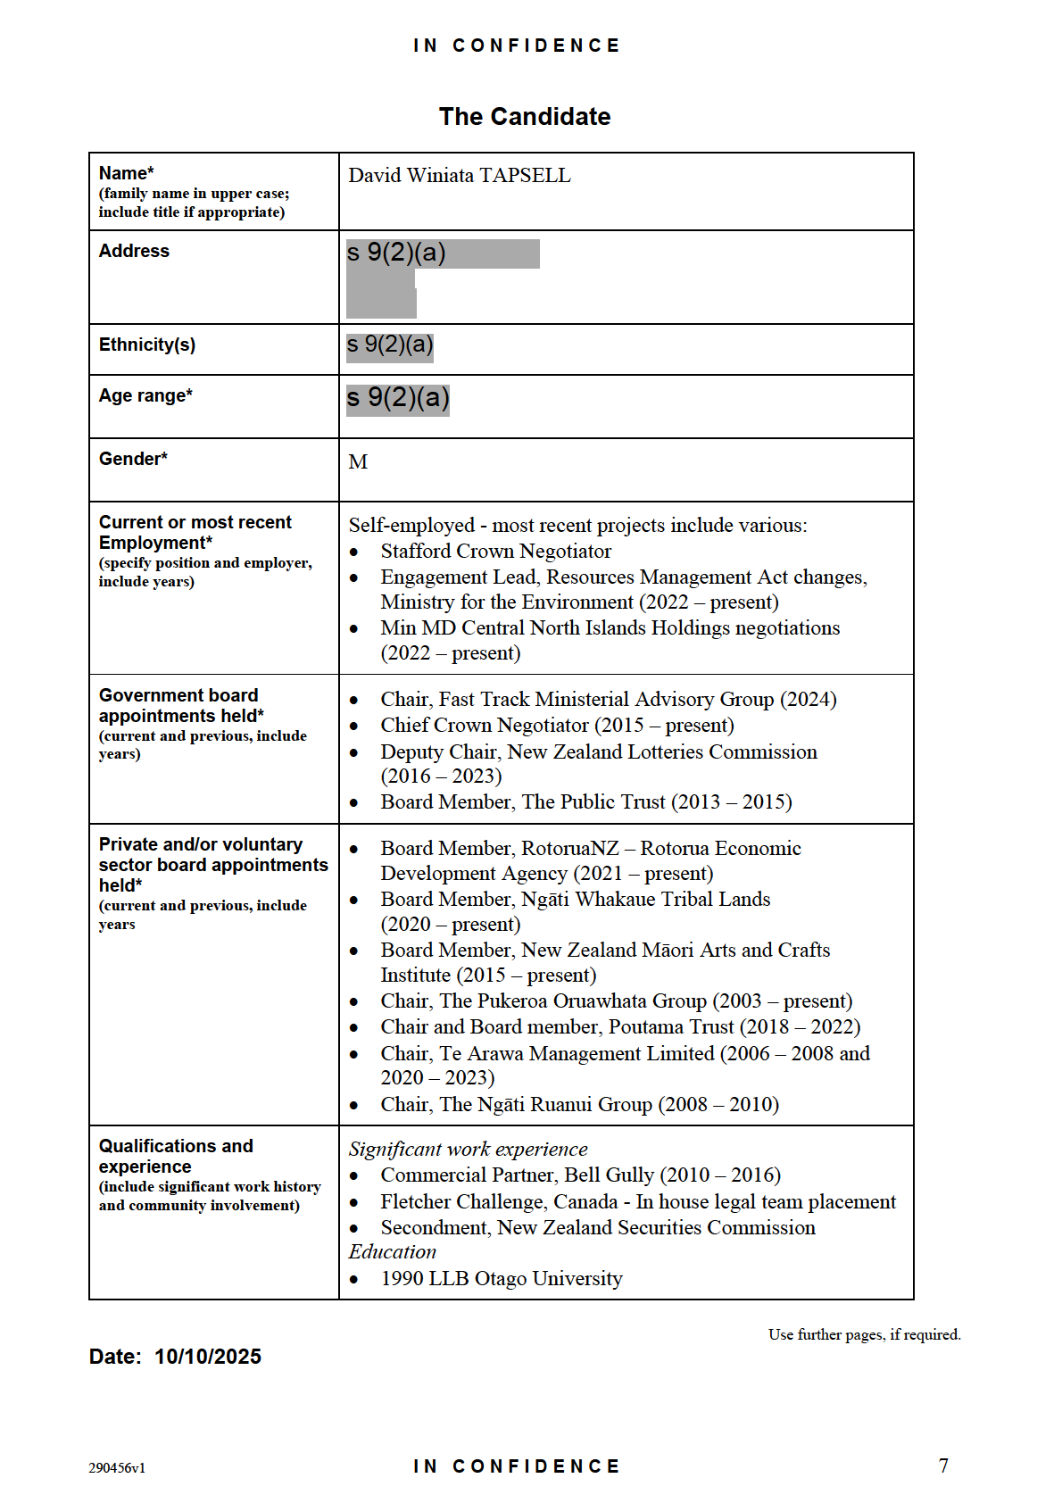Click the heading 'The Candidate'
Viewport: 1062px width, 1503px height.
point(525,117)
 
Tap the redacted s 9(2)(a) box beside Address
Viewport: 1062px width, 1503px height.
point(442,254)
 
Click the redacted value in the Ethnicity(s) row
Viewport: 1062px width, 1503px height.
point(390,345)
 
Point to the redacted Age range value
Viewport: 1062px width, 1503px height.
point(398,398)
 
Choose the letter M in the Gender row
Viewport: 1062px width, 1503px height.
point(358,462)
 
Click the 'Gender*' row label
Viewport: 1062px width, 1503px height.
point(133,459)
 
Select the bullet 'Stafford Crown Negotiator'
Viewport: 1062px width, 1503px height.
point(495,552)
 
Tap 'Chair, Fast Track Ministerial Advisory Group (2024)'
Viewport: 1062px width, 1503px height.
point(608,700)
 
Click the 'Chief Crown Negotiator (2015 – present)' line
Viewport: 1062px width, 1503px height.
point(557,726)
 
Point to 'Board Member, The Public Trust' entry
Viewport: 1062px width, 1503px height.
point(585,802)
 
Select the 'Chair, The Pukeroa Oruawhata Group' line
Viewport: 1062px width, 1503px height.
point(616,1001)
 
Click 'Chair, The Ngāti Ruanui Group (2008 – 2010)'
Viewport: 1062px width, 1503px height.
point(579,1105)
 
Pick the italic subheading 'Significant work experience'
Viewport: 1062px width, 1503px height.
point(468,1150)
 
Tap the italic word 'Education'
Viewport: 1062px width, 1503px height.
point(393,1252)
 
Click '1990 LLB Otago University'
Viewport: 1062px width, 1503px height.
point(501,1279)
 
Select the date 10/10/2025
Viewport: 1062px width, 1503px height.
point(208,1358)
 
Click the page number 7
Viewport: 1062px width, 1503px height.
point(943,1466)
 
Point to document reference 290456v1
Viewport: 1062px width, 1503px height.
point(117,1468)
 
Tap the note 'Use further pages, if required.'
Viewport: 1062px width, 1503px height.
point(864,1335)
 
